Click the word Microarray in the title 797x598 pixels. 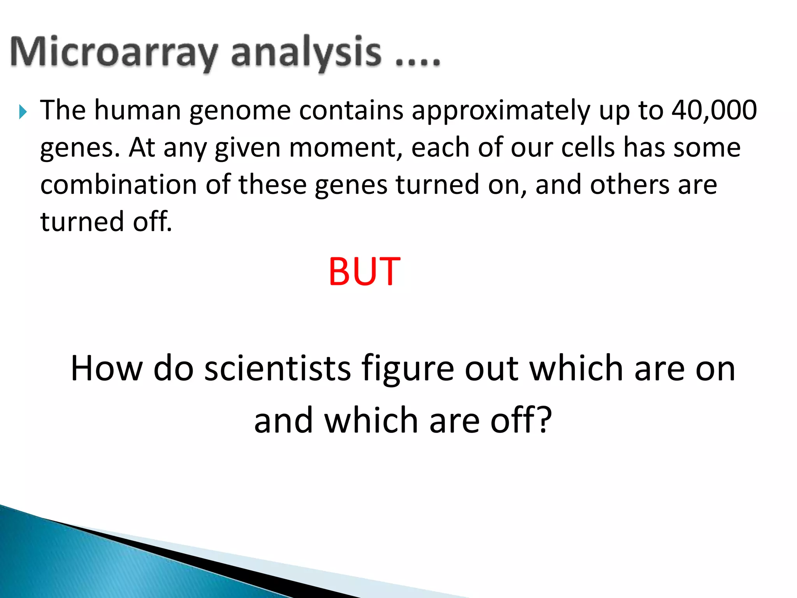(113, 53)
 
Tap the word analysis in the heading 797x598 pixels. (306, 53)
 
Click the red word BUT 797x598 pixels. (364, 271)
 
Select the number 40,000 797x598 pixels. (714, 110)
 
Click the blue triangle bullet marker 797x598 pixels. (23, 112)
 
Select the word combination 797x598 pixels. (119, 185)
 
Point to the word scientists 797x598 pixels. (277, 368)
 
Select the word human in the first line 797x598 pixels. (138, 110)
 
